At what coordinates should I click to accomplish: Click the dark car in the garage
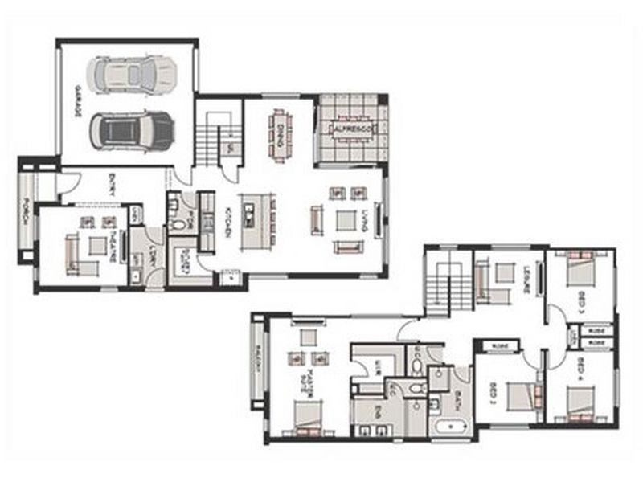pyautogui.click(x=131, y=129)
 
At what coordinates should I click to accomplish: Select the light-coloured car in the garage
pyautogui.click(x=133, y=73)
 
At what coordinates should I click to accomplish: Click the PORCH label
pyautogui.click(x=26, y=210)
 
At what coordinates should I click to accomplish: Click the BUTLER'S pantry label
pyautogui.click(x=183, y=262)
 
